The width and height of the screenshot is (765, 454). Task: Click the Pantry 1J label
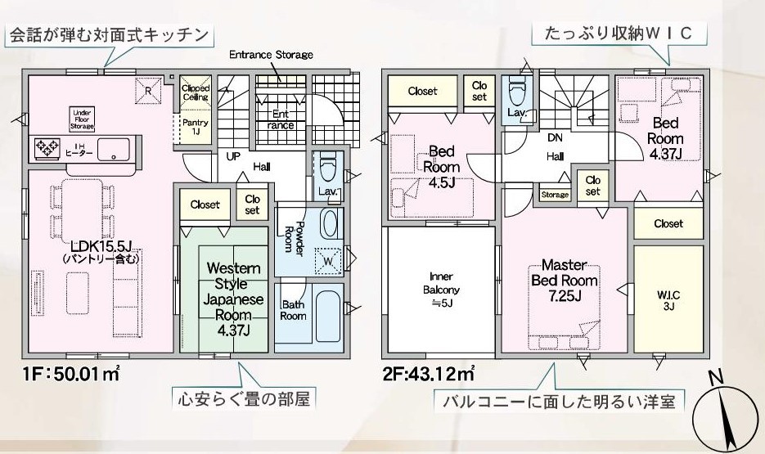[x=195, y=127]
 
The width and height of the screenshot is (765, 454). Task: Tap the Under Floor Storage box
[x=83, y=119]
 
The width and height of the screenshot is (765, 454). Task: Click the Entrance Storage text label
[x=270, y=55]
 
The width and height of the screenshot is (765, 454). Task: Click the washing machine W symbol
[x=328, y=258]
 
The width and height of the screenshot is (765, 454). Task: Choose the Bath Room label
[x=294, y=311]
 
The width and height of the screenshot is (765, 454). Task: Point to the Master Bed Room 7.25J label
[x=564, y=281]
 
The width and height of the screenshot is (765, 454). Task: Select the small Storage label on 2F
[x=555, y=195]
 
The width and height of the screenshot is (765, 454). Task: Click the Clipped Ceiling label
[x=195, y=92]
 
